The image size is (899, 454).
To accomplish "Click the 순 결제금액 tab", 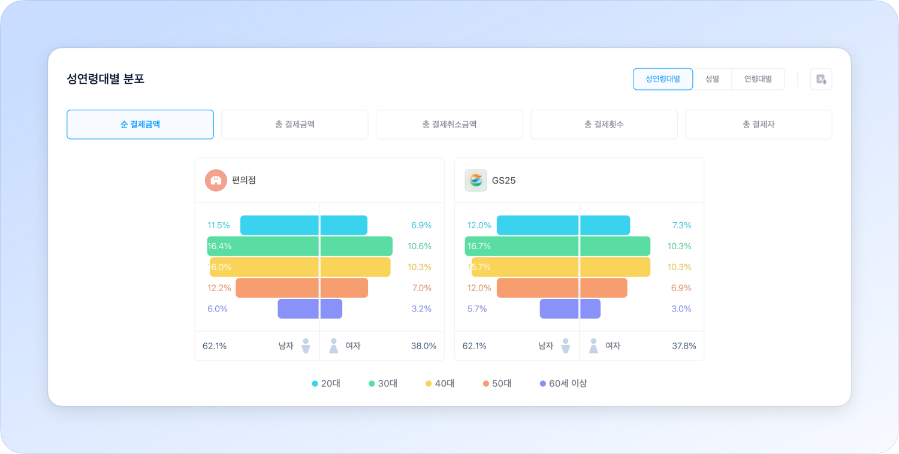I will coord(140,125).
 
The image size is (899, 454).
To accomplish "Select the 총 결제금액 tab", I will coord(294,125).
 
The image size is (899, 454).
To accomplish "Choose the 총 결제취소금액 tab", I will coord(449,125).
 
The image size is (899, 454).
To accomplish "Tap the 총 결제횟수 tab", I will coord(604,125).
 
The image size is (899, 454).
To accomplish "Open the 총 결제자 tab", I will coord(758,125).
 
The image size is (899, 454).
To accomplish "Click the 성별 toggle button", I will coord(712,79).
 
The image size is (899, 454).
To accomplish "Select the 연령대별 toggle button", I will coord(758,79).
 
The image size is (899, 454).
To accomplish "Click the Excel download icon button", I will coord(820,79).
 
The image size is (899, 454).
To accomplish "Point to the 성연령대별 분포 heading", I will coord(105,79).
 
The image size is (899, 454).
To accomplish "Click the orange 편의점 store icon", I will coord(216,180).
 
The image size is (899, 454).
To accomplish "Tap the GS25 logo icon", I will coord(476,180).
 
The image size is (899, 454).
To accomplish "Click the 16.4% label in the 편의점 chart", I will coord(220,246).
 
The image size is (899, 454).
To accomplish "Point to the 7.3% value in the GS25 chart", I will coord(681,225).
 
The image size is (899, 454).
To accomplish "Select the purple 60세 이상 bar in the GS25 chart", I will coord(569,309).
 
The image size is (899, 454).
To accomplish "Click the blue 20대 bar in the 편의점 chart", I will coord(304,225).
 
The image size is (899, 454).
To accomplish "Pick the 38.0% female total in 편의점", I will coord(423,346).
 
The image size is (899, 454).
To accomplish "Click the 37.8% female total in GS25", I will coord(684,346).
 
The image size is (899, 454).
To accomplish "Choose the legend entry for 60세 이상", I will coord(563,383).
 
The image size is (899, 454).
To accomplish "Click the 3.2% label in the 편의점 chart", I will coord(421,309).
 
